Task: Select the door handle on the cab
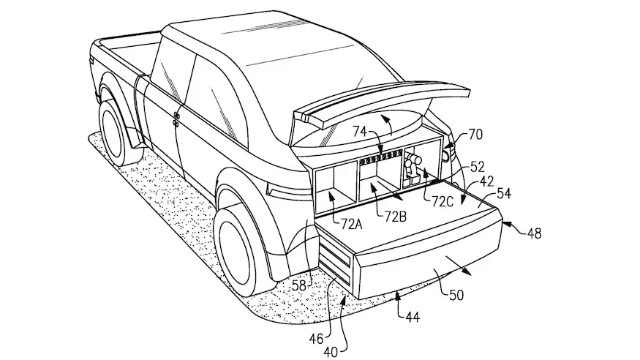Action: coord(176,119)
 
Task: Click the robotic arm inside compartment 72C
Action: coord(414,165)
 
